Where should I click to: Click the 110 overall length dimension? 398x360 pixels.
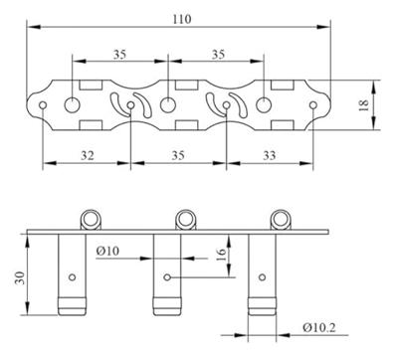(x=182, y=19)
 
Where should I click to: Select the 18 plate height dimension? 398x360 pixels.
(x=364, y=105)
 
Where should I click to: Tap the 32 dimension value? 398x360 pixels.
(x=88, y=155)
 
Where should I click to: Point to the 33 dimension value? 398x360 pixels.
(x=270, y=155)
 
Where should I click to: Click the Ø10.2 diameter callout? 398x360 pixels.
(x=319, y=328)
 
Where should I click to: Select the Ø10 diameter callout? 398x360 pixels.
(x=107, y=251)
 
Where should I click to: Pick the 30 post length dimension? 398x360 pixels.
(x=20, y=277)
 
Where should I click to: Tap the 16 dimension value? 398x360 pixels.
(x=221, y=255)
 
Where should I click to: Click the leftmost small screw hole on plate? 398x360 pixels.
(x=43, y=105)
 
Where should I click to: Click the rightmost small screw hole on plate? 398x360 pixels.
(x=313, y=105)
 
